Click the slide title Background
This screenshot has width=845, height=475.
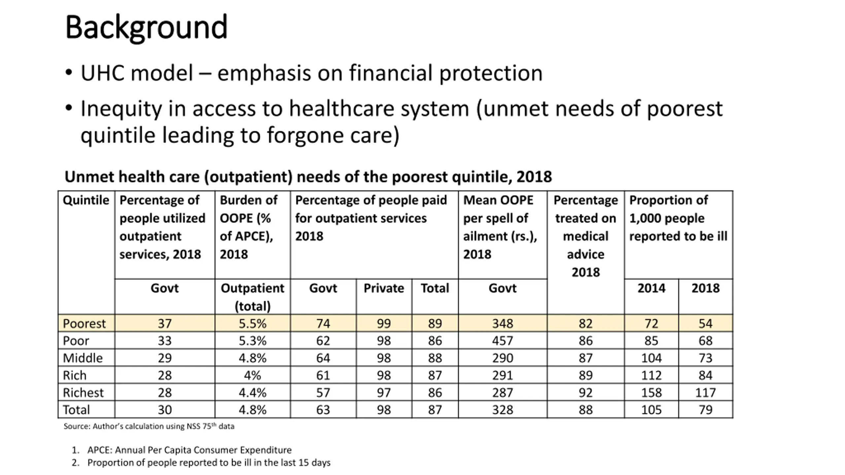point(146,27)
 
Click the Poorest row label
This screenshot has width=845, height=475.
point(84,324)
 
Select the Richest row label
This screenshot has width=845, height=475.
point(83,393)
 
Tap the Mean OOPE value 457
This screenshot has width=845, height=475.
point(502,341)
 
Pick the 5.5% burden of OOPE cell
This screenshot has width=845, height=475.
point(253,324)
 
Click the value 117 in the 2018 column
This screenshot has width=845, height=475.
point(705,393)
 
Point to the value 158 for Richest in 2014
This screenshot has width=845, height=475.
point(651,393)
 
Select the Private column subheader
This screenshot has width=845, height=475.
point(384,288)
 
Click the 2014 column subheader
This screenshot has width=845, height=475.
point(651,288)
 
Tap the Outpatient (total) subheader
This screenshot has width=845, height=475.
point(253,297)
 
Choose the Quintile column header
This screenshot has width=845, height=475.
point(86,200)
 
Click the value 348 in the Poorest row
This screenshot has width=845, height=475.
point(502,324)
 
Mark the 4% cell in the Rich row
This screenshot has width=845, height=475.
point(253,375)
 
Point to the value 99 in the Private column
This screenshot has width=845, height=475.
point(384,324)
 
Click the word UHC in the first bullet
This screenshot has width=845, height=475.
point(104,73)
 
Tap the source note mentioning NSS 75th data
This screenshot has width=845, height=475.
point(149,426)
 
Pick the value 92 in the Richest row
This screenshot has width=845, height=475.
point(585,393)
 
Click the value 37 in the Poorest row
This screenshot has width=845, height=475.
point(164,324)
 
